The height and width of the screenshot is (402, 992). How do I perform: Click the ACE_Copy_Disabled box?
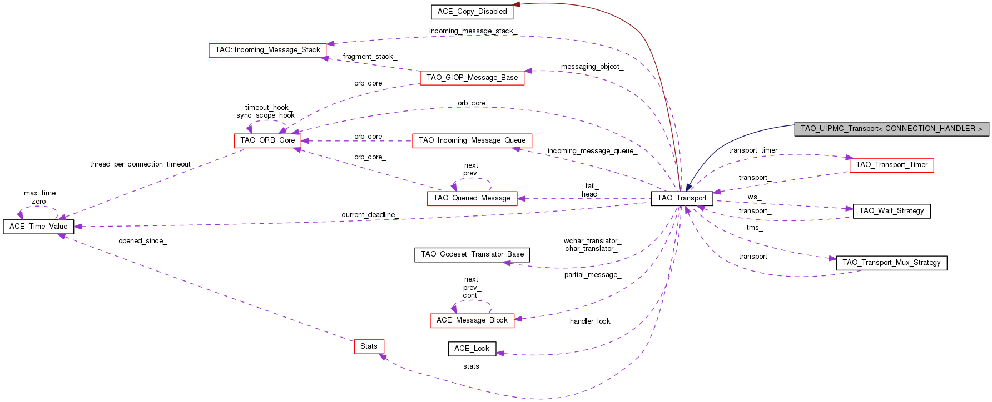click(472, 12)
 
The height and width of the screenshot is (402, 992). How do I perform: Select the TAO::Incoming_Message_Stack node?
click(267, 50)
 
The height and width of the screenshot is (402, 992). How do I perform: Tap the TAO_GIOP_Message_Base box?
click(472, 78)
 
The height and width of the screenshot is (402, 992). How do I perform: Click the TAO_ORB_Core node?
click(267, 140)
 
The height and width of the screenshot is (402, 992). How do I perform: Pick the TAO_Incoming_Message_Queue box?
click(472, 140)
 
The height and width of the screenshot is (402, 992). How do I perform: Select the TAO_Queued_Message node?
click(472, 198)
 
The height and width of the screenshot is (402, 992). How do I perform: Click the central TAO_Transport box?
click(682, 198)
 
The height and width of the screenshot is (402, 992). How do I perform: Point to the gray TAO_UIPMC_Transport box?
click(891, 129)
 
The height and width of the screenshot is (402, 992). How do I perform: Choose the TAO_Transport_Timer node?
click(891, 165)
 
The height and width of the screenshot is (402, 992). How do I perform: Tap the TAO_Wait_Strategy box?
click(891, 211)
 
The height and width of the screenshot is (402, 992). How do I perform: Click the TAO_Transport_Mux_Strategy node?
click(891, 263)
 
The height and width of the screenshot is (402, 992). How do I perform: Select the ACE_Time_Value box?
click(38, 227)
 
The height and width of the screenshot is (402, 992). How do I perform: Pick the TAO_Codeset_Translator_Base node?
click(472, 254)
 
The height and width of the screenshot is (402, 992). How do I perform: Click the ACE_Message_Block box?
click(472, 320)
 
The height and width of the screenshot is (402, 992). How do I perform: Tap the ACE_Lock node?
click(472, 349)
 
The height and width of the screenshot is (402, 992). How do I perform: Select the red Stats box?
click(369, 346)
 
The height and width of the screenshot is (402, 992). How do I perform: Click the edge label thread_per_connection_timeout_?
click(142, 164)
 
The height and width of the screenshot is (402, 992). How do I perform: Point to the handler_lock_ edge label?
click(592, 321)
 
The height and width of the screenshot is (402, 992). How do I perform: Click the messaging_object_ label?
click(592, 67)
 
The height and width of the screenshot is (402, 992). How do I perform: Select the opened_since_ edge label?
click(142, 241)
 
